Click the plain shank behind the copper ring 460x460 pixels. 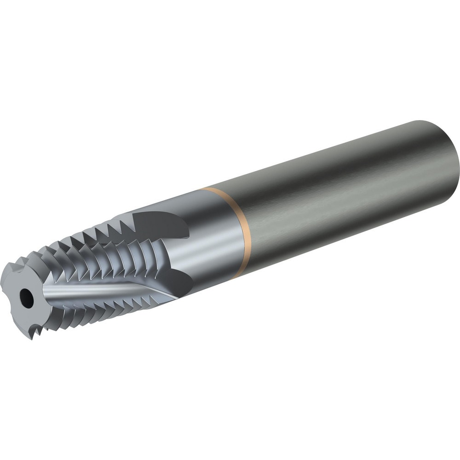322,193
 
